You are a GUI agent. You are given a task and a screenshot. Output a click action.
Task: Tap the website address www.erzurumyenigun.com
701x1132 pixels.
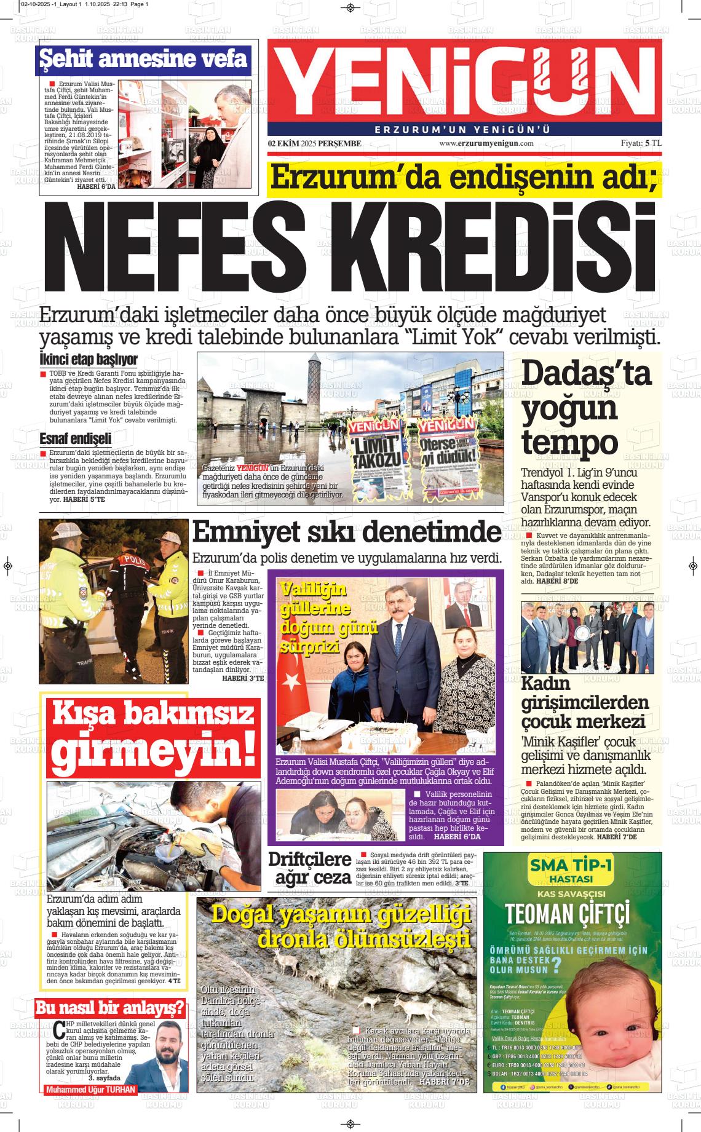[486, 143]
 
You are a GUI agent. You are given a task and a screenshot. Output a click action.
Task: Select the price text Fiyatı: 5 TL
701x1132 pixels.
[641, 143]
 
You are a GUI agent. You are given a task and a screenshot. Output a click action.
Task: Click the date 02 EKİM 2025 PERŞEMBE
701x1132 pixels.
[314, 143]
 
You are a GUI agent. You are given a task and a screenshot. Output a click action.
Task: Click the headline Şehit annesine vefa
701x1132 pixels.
[144, 59]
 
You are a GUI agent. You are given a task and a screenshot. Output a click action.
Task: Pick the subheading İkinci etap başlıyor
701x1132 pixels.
[88, 360]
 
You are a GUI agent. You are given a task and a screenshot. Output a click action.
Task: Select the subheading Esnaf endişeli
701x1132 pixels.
[75, 439]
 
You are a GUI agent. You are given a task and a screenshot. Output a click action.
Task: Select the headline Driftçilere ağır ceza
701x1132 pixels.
[309, 868]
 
